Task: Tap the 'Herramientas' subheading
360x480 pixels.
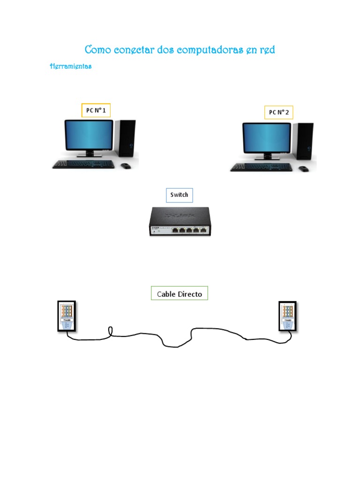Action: point(70,67)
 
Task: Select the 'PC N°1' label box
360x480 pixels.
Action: point(96,111)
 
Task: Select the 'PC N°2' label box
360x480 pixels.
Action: point(279,112)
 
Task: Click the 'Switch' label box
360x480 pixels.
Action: point(179,195)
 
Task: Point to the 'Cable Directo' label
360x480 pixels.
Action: point(179,294)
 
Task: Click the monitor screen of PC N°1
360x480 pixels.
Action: point(89,135)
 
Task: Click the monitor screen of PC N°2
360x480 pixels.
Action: point(266,138)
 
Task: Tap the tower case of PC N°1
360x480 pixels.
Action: point(127,138)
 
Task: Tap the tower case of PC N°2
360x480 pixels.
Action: point(304,140)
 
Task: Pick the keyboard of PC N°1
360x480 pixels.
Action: point(83,165)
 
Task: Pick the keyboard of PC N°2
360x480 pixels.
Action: point(261,167)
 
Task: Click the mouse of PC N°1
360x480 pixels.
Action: point(126,165)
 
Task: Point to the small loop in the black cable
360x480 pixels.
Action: point(111,330)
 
